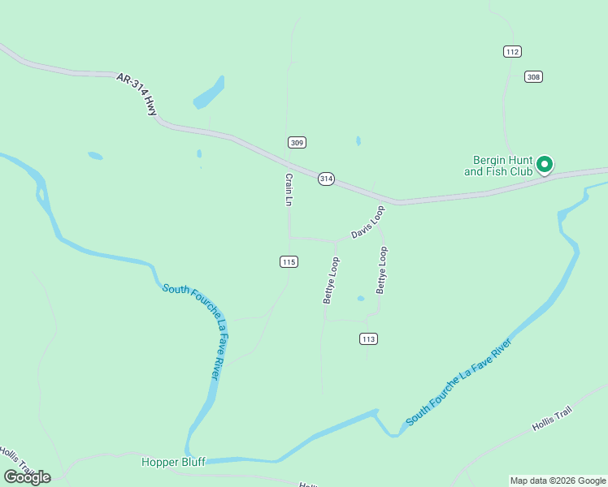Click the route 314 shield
[x=326, y=179]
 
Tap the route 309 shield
[x=297, y=142]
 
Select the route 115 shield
[x=289, y=261]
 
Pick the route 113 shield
[x=368, y=338]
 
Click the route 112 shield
[x=511, y=51]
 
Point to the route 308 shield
[x=533, y=76]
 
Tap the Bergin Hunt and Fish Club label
[x=498, y=166]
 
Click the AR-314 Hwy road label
[x=137, y=94]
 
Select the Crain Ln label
[x=288, y=189]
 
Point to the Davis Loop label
[x=367, y=222]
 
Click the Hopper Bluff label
[x=173, y=462]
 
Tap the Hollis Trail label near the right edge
[x=553, y=420]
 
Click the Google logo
[x=27, y=477]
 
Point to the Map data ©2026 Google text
[x=558, y=481]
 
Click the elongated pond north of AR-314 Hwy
[x=209, y=93]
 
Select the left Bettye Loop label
[x=330, y=280]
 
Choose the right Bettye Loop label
[x=381, y=270]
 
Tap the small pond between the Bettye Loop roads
[x=361, y=299]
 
